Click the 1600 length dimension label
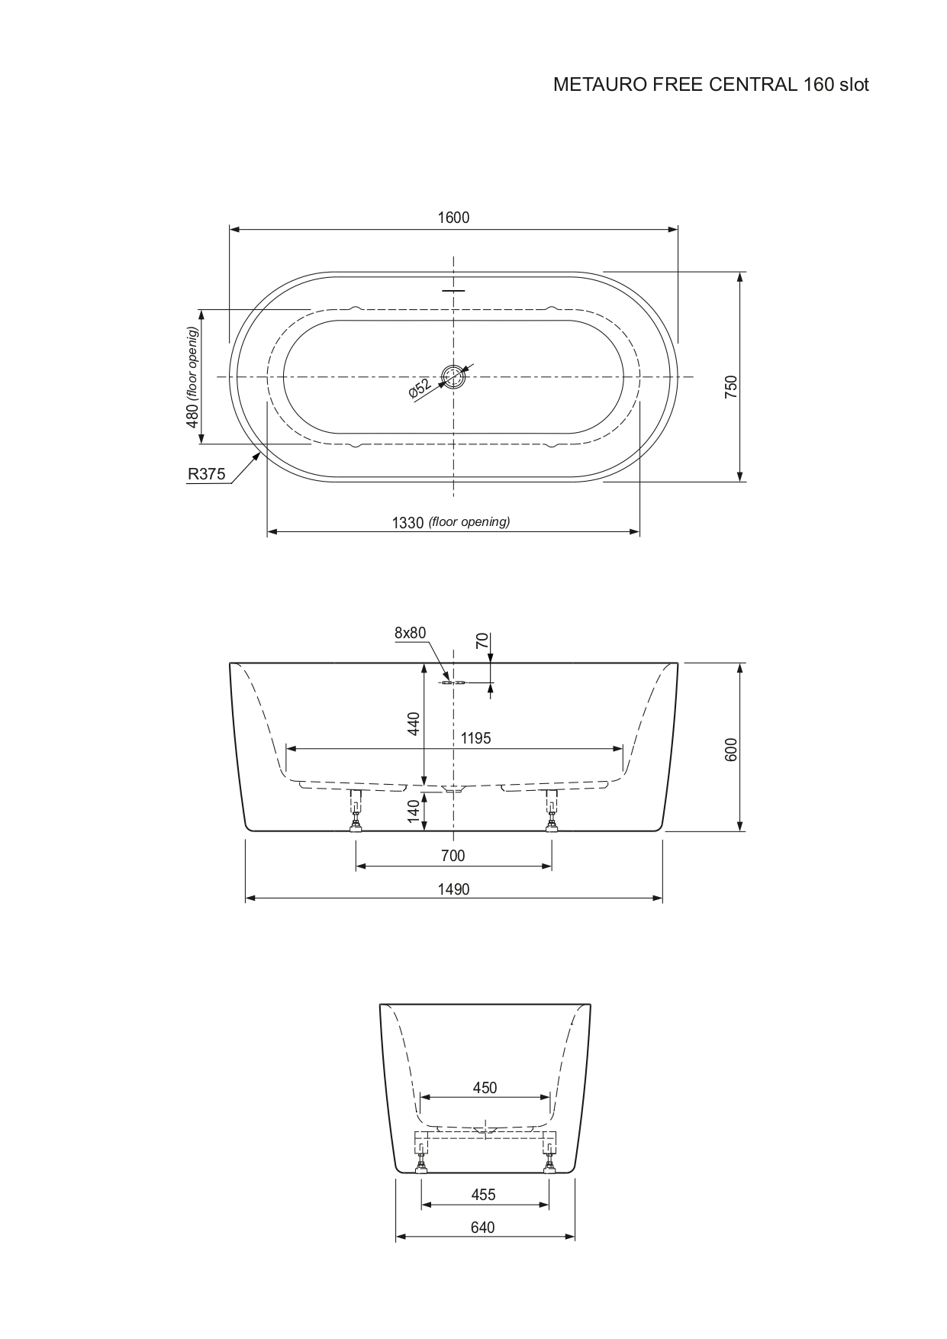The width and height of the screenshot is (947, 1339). pos(453,218)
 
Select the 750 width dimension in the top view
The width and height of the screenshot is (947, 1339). pos(731,385)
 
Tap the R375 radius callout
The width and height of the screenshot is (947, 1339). pos(207,474)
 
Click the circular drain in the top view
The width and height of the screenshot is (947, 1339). pos(454,377)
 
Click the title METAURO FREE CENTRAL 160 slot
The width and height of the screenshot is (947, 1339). pos(710,85)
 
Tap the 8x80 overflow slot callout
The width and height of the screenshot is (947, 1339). pos(410,633)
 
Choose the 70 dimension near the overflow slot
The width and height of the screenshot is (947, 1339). pos(482,640)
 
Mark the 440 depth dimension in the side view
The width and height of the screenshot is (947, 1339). pos(414,723)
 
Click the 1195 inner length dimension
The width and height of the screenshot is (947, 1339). pos(475,738)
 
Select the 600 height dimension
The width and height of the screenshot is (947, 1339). pos(731,749)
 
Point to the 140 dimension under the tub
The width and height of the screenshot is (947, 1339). pos(414,811)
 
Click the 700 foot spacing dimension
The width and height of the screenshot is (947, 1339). pos(453,856)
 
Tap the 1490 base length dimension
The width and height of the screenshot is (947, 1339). pos(453,889)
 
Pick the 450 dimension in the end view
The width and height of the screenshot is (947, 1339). pos(485,1088)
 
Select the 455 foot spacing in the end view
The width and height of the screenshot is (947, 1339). pos(483,1195)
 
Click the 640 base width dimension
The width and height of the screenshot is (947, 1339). pos(482,1228)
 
